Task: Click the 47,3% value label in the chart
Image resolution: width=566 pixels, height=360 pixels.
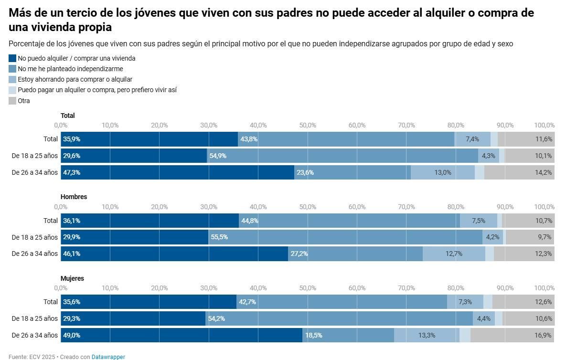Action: point(72,172)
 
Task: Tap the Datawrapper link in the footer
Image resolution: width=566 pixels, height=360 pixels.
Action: point(108,357)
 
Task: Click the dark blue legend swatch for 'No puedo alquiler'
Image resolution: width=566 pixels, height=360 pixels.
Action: point(12,58)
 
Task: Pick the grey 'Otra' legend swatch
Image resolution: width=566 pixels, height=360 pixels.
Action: point(12,101)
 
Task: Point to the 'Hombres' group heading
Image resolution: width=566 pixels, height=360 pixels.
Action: point(74,197)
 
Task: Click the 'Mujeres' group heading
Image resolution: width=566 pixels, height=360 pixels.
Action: point(72,278)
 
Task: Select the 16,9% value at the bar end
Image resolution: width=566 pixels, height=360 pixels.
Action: point(544,335)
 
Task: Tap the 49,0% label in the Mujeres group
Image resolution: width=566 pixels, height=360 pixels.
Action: point(72,335)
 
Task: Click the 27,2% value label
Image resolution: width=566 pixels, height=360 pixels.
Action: point(299,254)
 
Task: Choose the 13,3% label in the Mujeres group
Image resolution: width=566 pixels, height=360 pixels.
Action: point(427,335)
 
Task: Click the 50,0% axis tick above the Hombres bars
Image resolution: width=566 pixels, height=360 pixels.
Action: point(308,207)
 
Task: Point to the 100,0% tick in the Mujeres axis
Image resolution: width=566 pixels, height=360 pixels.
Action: point(544,288)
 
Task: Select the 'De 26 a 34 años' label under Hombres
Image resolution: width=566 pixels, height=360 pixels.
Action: point(34,254)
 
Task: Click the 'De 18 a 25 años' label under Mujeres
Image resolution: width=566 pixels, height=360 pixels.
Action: point(34,318)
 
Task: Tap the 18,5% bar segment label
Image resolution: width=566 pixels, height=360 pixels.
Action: point(313,335)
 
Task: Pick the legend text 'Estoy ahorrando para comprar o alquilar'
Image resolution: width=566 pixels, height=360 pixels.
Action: point(75,79)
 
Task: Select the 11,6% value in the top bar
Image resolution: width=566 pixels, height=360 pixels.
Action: point(544,139)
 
